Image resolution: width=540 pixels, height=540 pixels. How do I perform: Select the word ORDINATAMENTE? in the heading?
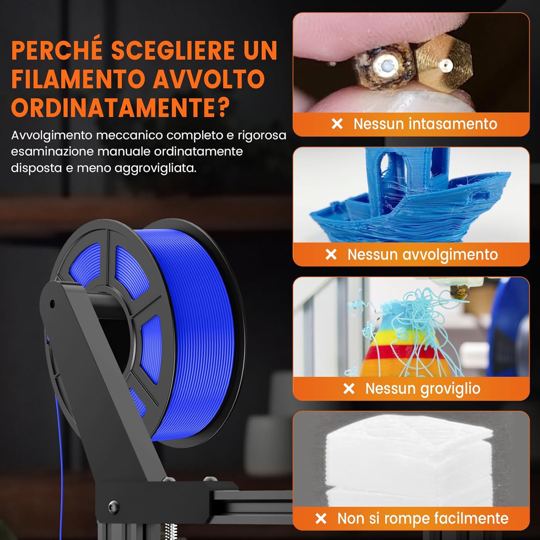(120, 107)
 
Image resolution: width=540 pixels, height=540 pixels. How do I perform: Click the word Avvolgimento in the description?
(52, 135)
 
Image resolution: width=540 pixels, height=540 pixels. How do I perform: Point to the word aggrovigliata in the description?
(155, 168)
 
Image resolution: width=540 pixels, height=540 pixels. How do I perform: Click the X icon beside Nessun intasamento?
(337, 124)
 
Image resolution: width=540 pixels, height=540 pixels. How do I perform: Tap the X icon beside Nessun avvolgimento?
(331, 255)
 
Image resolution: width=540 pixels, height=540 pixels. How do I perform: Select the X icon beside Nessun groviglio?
(349, 389)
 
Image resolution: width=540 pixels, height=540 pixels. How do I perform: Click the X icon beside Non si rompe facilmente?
(321, 519)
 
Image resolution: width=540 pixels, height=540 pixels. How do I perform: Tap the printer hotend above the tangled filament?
(459, 292)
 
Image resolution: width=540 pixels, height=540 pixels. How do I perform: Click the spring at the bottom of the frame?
(172, 531)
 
